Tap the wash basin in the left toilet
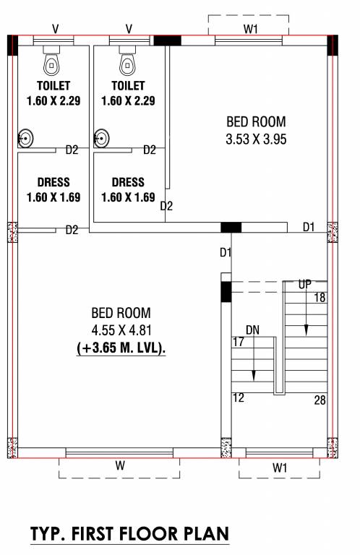25,137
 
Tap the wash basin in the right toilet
101,137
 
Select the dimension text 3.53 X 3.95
256,139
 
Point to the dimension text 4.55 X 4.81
121,331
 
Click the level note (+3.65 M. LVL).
121,348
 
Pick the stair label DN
252,330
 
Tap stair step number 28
319,400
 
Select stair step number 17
238,342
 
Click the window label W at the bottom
120,467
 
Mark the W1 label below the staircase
280,468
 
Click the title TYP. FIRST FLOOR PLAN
129,534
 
